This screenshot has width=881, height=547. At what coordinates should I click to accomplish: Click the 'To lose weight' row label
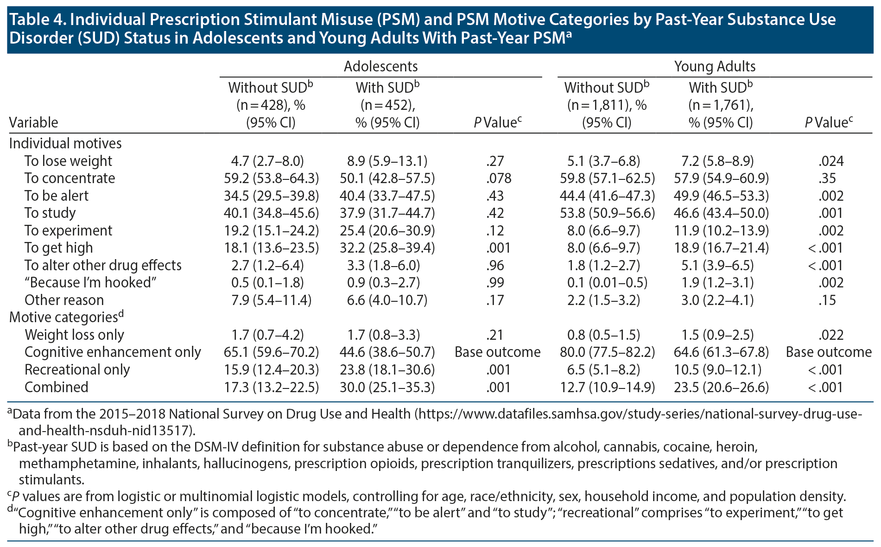coord(68,161)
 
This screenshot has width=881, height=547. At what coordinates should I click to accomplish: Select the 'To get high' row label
coord(58,248)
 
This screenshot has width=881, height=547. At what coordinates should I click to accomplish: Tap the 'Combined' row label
coord(56,387)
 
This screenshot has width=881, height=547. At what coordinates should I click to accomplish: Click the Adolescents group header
coord(380,66)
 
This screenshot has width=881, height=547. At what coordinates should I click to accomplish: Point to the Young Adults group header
coord(715,66)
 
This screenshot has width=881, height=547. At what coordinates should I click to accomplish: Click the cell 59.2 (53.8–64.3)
coord(271,178)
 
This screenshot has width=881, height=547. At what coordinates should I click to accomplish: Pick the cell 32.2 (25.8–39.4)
coord(387,248)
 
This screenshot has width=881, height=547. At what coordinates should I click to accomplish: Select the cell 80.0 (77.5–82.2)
coord(607,352)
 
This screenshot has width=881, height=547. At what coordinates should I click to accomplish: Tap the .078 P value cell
coord(499,178)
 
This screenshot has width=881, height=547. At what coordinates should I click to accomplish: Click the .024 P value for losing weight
coord(830,161)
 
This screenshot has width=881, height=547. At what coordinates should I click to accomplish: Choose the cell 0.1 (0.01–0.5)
coord(607,283)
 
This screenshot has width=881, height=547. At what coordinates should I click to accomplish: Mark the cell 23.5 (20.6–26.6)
coord(721,387)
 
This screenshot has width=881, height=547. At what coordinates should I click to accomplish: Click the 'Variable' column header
coord(33,123)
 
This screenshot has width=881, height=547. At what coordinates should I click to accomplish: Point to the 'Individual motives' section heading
coord(65,143)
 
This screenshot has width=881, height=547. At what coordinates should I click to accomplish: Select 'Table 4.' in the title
coord(37,20)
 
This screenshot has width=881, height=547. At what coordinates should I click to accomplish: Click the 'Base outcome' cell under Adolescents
coord(497,352)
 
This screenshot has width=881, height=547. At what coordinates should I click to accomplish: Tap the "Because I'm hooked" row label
coord(90,283)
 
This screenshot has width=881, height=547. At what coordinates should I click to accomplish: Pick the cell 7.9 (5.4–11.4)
coord(271,300)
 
